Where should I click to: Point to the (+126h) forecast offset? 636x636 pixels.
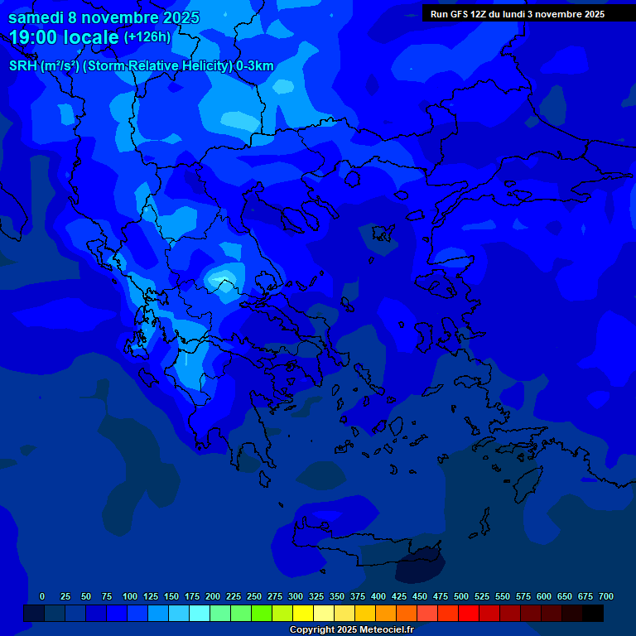pos(147,37)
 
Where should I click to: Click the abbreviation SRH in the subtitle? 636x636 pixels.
pos(23,66)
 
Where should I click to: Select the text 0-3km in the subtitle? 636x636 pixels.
pos(255,66)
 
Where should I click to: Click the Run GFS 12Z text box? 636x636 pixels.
pos(517,14)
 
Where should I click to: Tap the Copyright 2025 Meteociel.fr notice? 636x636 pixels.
pos(351,629)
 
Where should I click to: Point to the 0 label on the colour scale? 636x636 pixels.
pos(42,596)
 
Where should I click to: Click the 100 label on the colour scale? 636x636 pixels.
pos(130,596)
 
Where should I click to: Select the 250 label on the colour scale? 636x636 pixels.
pos(254,596)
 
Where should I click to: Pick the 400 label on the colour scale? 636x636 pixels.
pos(378,596)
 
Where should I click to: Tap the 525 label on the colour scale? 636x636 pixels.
pos(482,596)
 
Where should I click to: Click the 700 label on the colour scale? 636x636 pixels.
pos(606,596)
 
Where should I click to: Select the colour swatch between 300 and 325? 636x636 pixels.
pos(303,613)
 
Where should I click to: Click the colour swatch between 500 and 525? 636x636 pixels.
pos(469,613)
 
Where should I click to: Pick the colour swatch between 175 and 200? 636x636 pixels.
pos(200,613)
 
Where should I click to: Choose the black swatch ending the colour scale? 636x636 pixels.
pos(593,613)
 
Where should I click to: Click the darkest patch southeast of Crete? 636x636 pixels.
pos(420,567)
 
